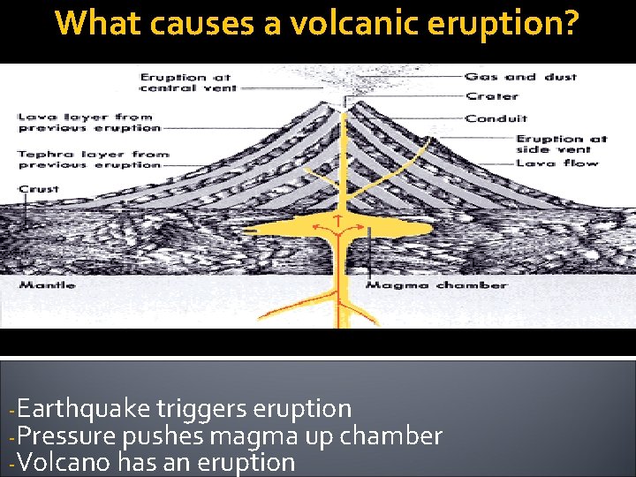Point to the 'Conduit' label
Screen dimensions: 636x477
point(496,118)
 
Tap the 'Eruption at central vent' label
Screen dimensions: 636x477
point(185,82)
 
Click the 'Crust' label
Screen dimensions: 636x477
point(38,189)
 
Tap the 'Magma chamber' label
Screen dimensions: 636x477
point(436,285)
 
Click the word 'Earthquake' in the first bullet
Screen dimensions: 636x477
point(83,409)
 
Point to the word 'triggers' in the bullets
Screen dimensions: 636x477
point(201,409)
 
